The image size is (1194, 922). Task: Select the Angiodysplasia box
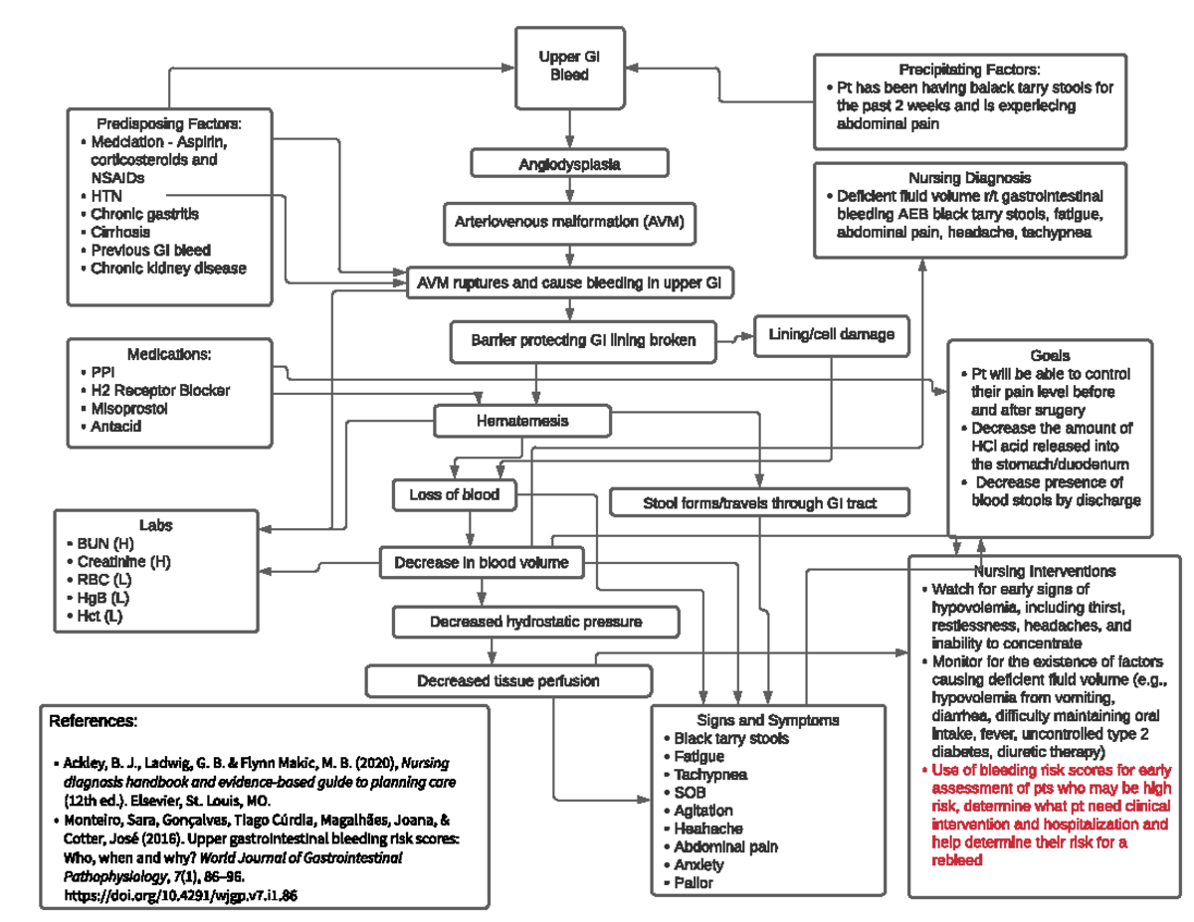point(569,164)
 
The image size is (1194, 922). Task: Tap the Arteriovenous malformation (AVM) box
point(569,222)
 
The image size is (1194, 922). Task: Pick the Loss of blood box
point(454,493)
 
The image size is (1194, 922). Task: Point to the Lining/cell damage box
point(831,335)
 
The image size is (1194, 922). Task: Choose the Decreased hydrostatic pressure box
point(535,622)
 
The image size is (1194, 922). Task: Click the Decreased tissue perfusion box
point(507,681)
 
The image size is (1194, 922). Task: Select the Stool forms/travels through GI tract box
point(759,503)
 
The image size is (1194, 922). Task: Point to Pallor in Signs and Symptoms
point(693,882)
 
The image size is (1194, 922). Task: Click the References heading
point(93,720)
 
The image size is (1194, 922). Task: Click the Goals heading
point(1050,355)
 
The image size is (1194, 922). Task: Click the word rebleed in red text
point(957,860)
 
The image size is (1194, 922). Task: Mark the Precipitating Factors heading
point(969,70)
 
